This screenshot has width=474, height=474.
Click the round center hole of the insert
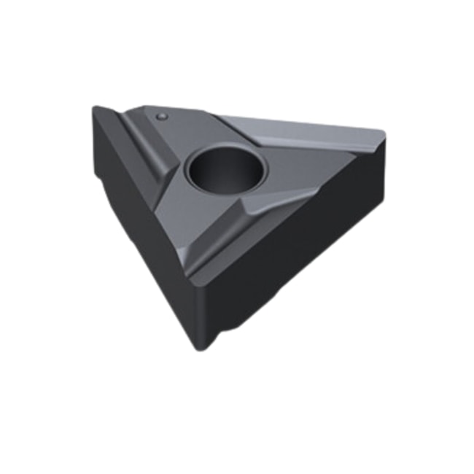click(226, 169)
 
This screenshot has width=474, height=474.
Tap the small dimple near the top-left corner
click(162, 115)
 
